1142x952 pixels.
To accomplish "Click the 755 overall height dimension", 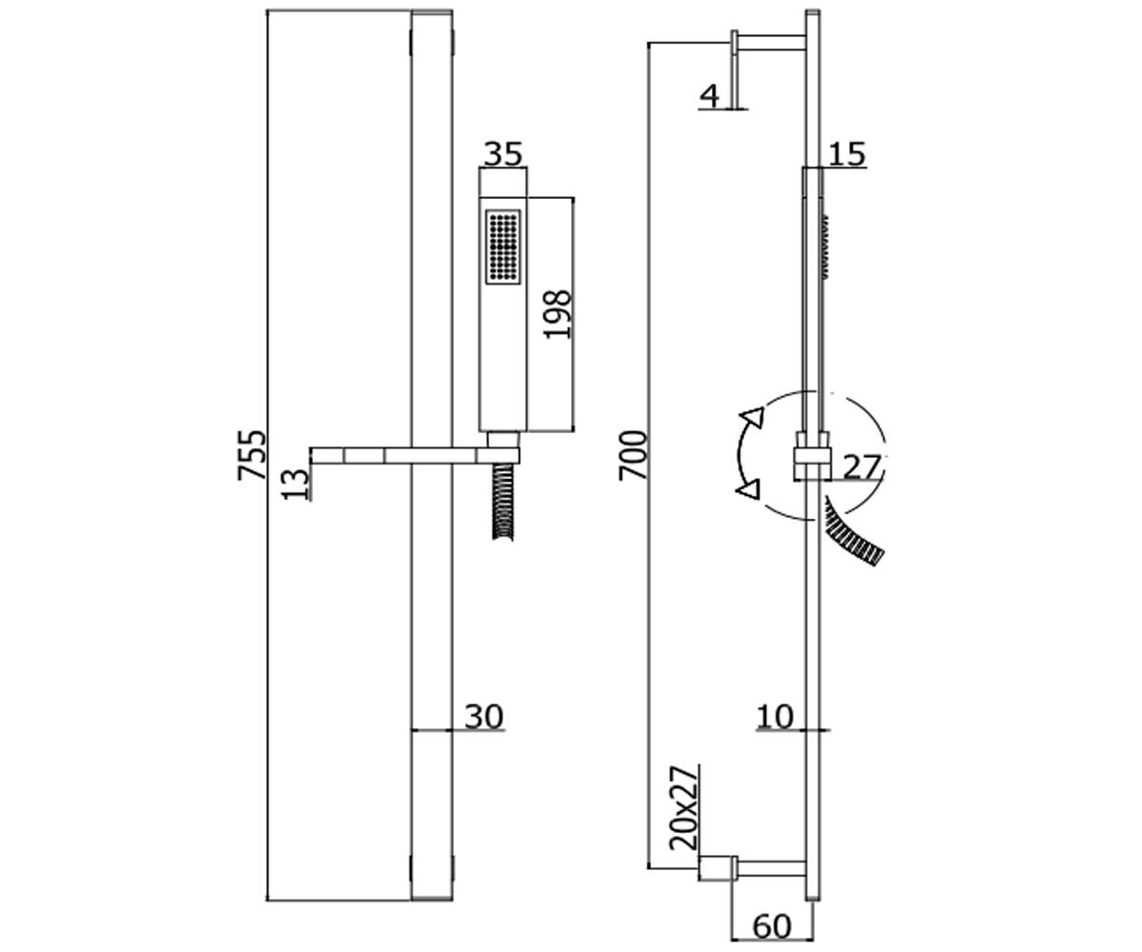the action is [251, 455].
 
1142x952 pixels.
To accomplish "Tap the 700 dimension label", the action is [633, 455].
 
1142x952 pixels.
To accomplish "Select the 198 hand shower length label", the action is [558, 314].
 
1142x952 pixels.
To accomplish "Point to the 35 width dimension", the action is [503, 153].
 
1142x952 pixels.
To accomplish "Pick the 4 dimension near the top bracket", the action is [709, 96].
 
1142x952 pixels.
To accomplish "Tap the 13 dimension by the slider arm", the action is [296, 484].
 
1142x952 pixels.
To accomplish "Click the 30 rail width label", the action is [484, 716].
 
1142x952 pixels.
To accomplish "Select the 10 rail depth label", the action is [775, 716].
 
